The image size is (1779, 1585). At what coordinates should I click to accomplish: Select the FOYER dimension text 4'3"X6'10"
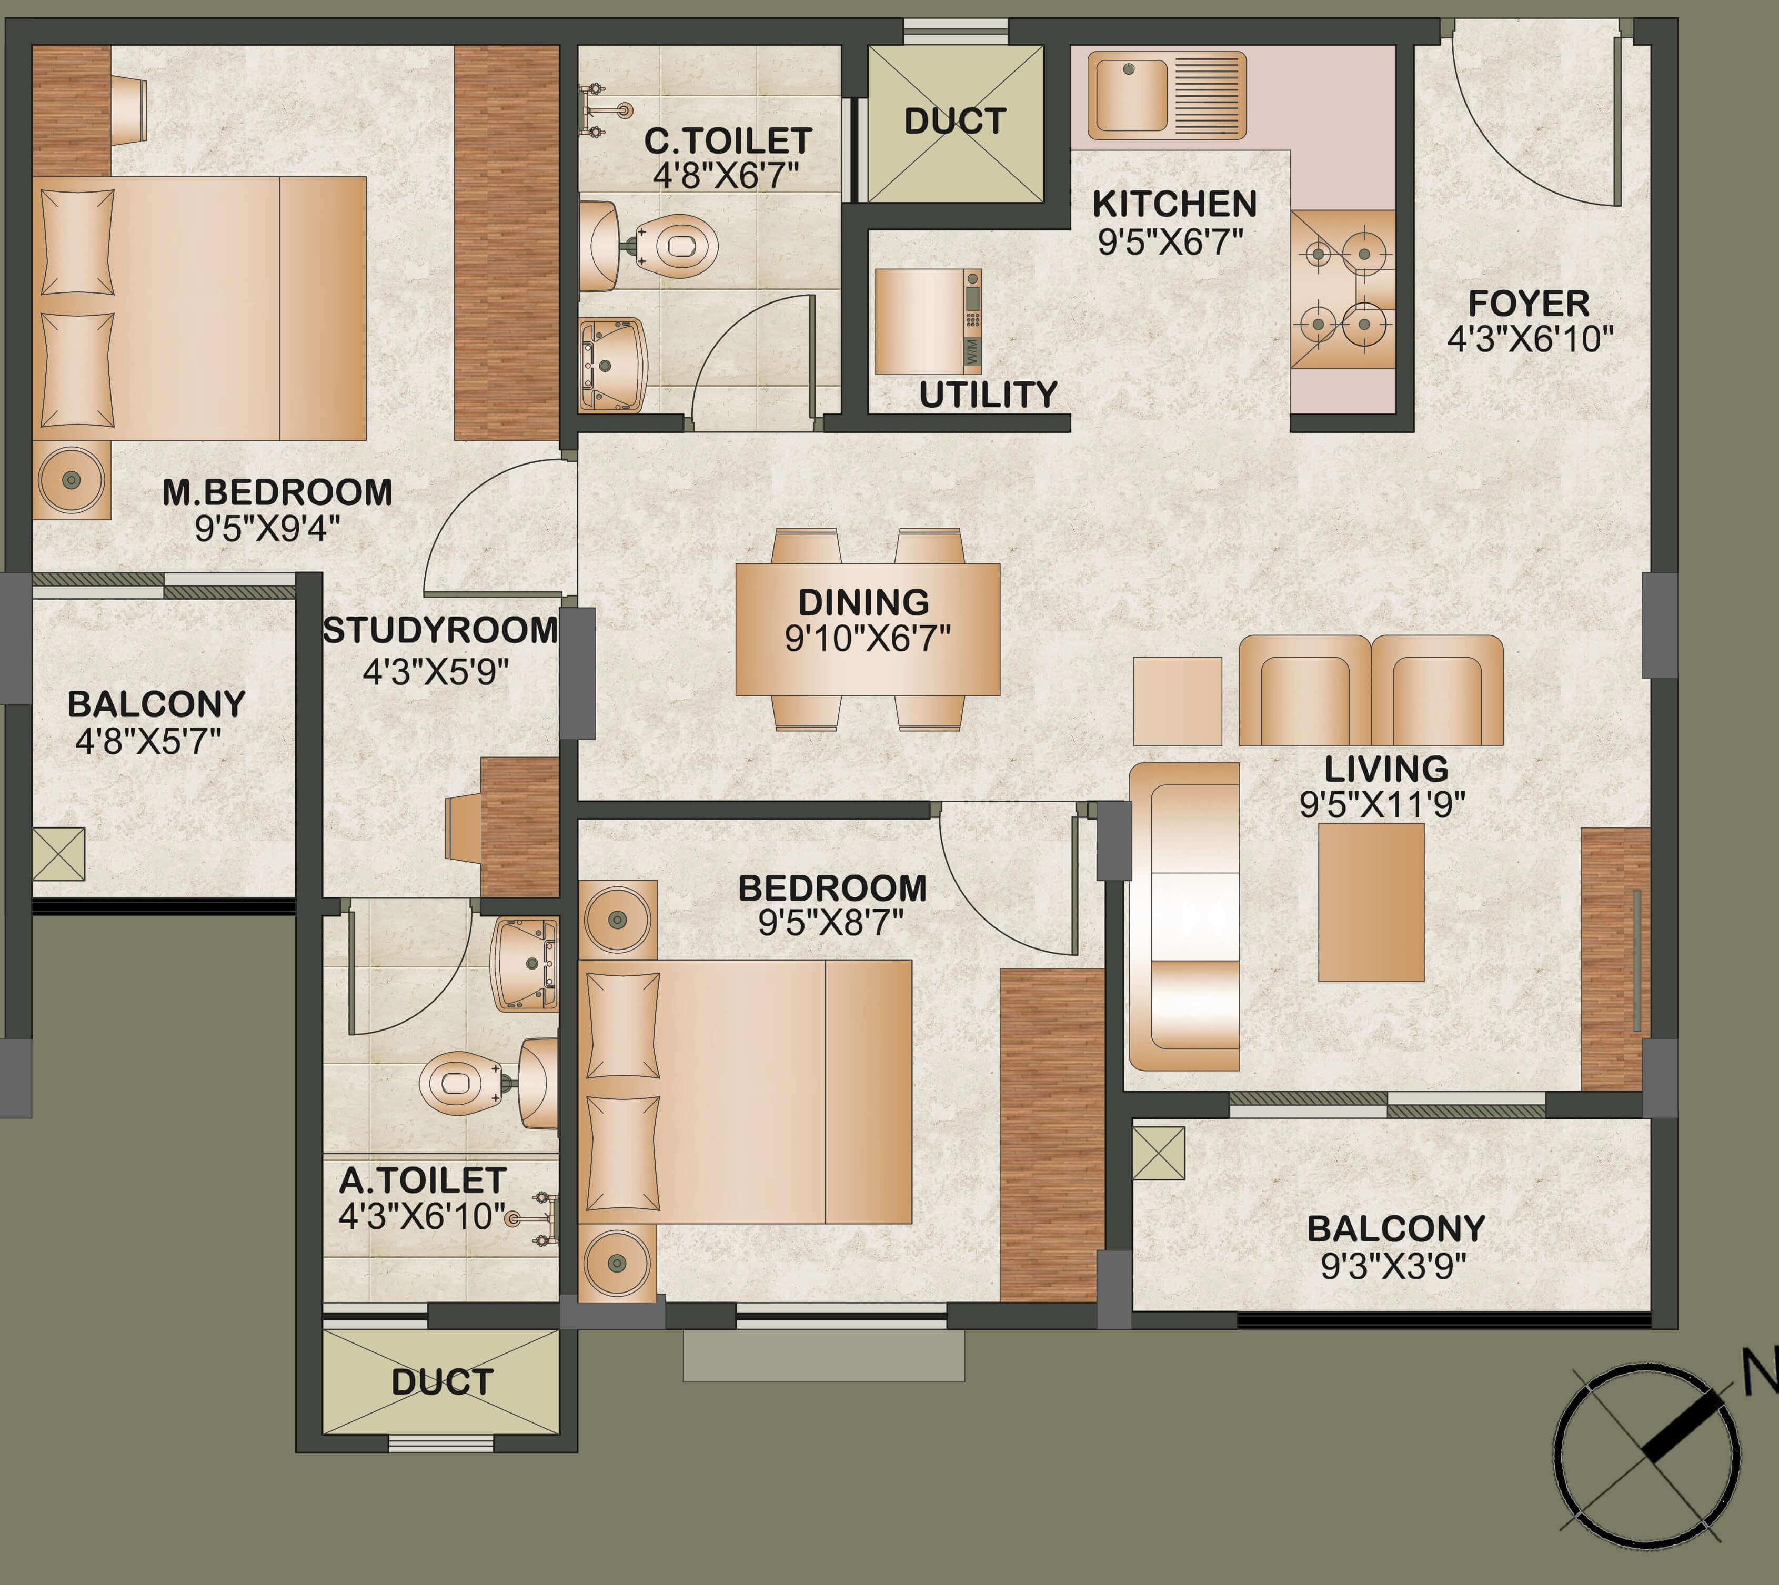pos(1530,339)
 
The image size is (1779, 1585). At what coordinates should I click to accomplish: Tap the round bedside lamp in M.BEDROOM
pos(72,480)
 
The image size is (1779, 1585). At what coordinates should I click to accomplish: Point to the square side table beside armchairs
pos(1177,700)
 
